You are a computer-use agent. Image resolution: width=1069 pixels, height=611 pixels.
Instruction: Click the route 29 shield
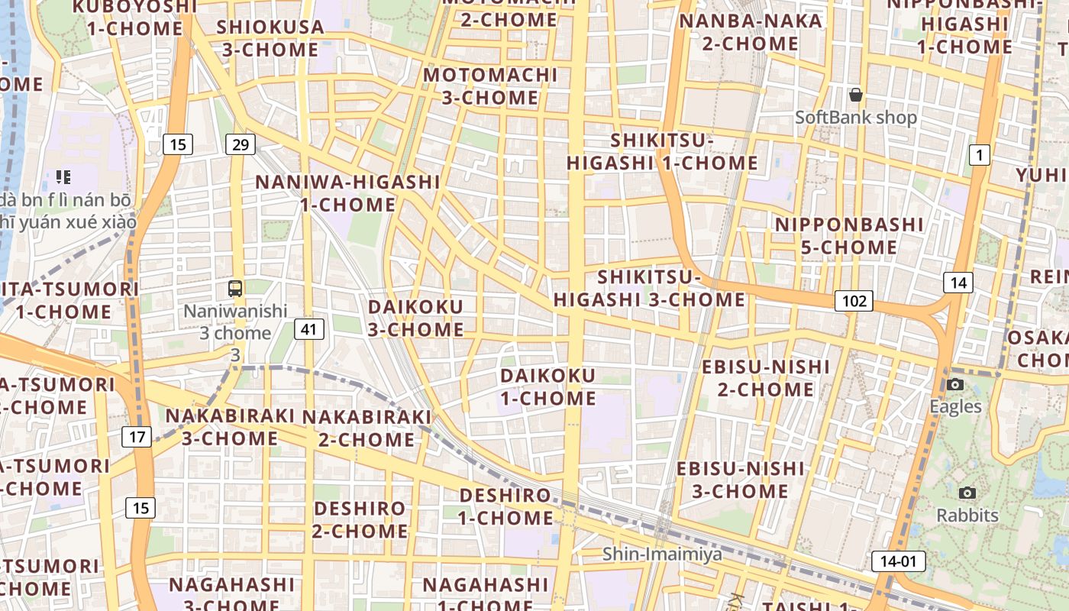pyautogui.click(x=240, y=144)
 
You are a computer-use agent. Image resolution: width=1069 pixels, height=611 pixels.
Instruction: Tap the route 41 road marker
pyautogui.click(x=309, y=329)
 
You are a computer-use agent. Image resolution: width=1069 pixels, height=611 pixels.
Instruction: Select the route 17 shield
pyautogui.click(x=137, y=437)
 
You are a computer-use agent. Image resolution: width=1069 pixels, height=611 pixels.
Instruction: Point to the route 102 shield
pyautogui.click(x=853, y=301)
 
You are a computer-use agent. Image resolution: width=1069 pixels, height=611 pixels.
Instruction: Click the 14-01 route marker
pyautogui.click(x=898, y=561)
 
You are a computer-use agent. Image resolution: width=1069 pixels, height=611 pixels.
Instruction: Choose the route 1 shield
pyautogui.click(x=979, y=155)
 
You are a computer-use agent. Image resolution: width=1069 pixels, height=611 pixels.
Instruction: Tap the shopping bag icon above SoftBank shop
pyautogui.click(x=856, y=95)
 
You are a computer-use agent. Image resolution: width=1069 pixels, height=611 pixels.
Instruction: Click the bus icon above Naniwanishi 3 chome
pyautogui.click(x=235, y=289)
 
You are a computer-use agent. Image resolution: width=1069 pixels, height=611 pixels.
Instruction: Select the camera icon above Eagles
pyautogui.click(x=955, y=384)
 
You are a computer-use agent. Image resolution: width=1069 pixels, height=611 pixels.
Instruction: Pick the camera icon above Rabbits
pyautogui.click(x=967, y=493)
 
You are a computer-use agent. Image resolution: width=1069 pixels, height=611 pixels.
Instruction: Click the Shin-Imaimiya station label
pyautogui.click(x=662, y=554)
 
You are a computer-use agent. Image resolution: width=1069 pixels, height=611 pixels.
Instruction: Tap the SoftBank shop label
pyautogui.click(x=856, y=118)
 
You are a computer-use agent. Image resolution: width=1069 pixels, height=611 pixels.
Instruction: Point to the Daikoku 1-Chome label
pyautogui.click(x=548, y=386)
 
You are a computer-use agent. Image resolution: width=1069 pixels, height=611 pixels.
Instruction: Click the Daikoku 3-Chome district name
pyautogui.click(x=416, y=318)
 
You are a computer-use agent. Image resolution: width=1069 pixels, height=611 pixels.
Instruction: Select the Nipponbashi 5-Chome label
pyautogui.click(x=849, y=236)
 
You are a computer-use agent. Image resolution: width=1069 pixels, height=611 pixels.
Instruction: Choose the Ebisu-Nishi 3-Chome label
pyautogui.click(x=740, y=479)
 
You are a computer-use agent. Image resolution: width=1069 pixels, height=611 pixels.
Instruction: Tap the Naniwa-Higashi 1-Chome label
pyautogui.click(x=347, y=193)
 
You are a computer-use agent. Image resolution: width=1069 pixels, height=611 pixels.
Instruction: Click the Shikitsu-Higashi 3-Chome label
pyautogui.click(x=649, y=288)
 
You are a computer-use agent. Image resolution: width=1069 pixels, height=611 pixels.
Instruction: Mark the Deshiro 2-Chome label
pyautogui.click(x=360, y=519)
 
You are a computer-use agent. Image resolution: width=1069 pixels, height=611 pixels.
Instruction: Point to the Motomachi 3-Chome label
pyautogui.click(x=490, y=86)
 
